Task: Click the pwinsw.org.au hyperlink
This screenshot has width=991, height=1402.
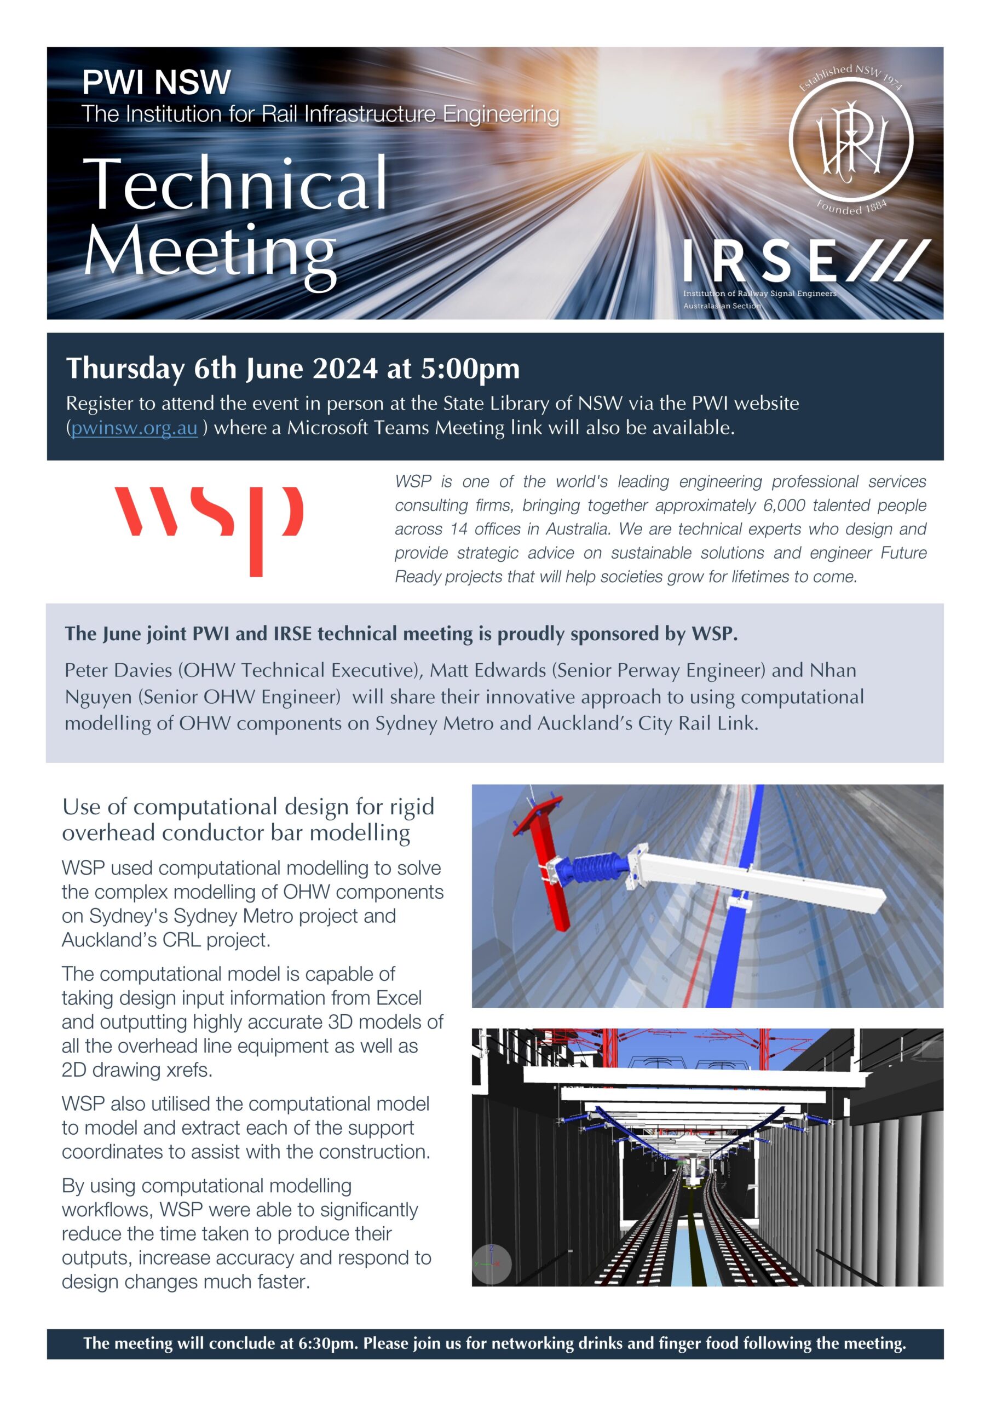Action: click(x=134, y=428)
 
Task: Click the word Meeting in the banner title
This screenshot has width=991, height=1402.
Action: click(x=210, y=250)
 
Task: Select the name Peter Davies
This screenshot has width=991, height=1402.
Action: click(x=118, y=670)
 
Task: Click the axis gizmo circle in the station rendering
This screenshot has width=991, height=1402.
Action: click(x=492, y=1263)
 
